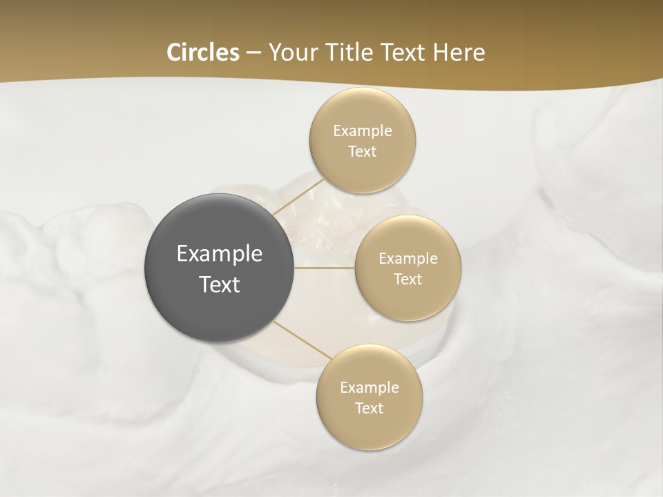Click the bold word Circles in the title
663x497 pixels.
coord(203,52)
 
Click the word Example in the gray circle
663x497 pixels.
coord(220,254)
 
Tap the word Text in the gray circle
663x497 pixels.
coord(220,284)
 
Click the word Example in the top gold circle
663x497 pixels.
coord(363,131)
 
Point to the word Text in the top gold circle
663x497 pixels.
coord(363,152)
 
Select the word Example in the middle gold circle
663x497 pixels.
coord(408,259)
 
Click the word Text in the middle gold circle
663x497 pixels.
coord(408,280)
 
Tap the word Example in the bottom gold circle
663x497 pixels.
coord(369,388)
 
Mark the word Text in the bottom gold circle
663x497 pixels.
coord(369,409)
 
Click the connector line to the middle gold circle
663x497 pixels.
coord(325,268)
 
